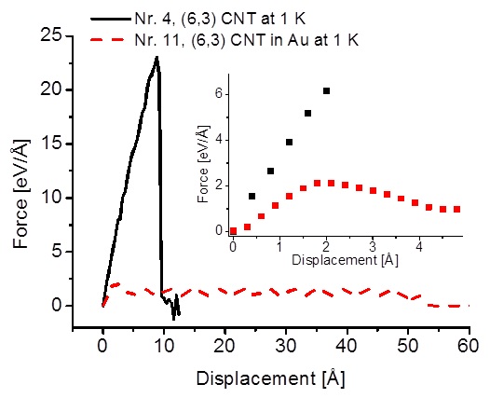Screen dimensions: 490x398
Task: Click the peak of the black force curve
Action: pos(157,57)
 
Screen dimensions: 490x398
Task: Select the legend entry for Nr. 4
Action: pos(197,19)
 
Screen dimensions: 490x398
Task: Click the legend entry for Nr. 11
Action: pos(225,40)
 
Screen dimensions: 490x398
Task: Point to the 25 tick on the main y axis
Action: pos(69,36)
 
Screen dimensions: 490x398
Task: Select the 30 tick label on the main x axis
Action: pos(286,347)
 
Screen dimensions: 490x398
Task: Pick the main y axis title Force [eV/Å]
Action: pos(20,194)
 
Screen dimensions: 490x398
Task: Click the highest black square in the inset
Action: pos(327,91)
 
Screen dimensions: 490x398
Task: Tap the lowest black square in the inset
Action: pos(252,196)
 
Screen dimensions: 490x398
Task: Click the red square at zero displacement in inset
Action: pos(233,231)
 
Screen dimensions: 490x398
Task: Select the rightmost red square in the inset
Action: pos(456,209)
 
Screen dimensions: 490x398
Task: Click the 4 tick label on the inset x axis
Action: pos(419,247)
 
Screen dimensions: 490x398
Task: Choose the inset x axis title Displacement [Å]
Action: pos(345,260)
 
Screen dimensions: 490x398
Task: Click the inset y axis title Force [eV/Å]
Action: pos(203,164)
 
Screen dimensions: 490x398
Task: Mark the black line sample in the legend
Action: pos(111,19)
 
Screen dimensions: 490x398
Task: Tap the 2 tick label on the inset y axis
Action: pos(218,185)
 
